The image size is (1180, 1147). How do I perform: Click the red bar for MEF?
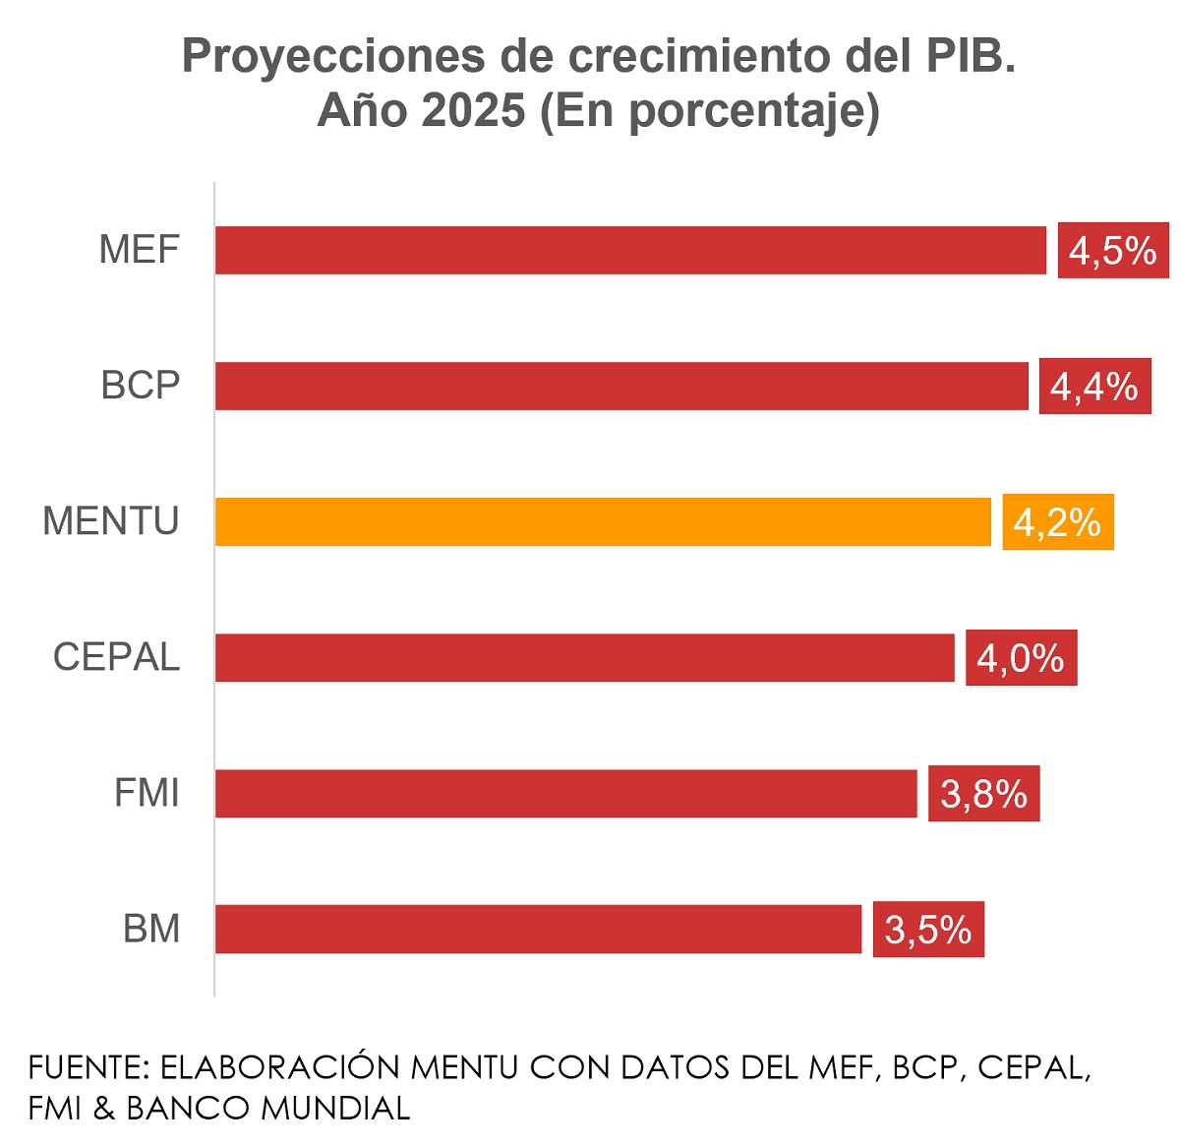tap(630, 250)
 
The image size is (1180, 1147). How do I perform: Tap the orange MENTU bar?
tap(603, 521)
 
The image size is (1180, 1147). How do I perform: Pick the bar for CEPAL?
tap(585, 657)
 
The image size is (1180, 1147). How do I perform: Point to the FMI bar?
tap(566, 793)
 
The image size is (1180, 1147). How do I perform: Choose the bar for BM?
tap(539, 929)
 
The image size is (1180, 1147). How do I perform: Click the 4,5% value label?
tap(1113, 251)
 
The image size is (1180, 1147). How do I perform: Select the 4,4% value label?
tap(1094, 387)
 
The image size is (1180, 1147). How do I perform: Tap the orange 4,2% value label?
tap(1058, 522)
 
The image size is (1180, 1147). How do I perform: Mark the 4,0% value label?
tap(1021, 658)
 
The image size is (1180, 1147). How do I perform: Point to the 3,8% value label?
tap(983, 794)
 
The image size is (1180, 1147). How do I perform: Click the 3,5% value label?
tap(928, 930)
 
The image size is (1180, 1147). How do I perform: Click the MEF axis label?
tap(140, 250)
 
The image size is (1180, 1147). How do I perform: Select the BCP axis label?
tap(141, 386)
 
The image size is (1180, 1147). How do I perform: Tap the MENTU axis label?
tap(111, 521)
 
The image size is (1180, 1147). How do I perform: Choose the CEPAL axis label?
tap(116, 657)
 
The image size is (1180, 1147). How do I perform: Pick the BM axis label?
tap(151, 929)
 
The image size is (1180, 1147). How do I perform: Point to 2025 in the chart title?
tap(473, 110)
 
